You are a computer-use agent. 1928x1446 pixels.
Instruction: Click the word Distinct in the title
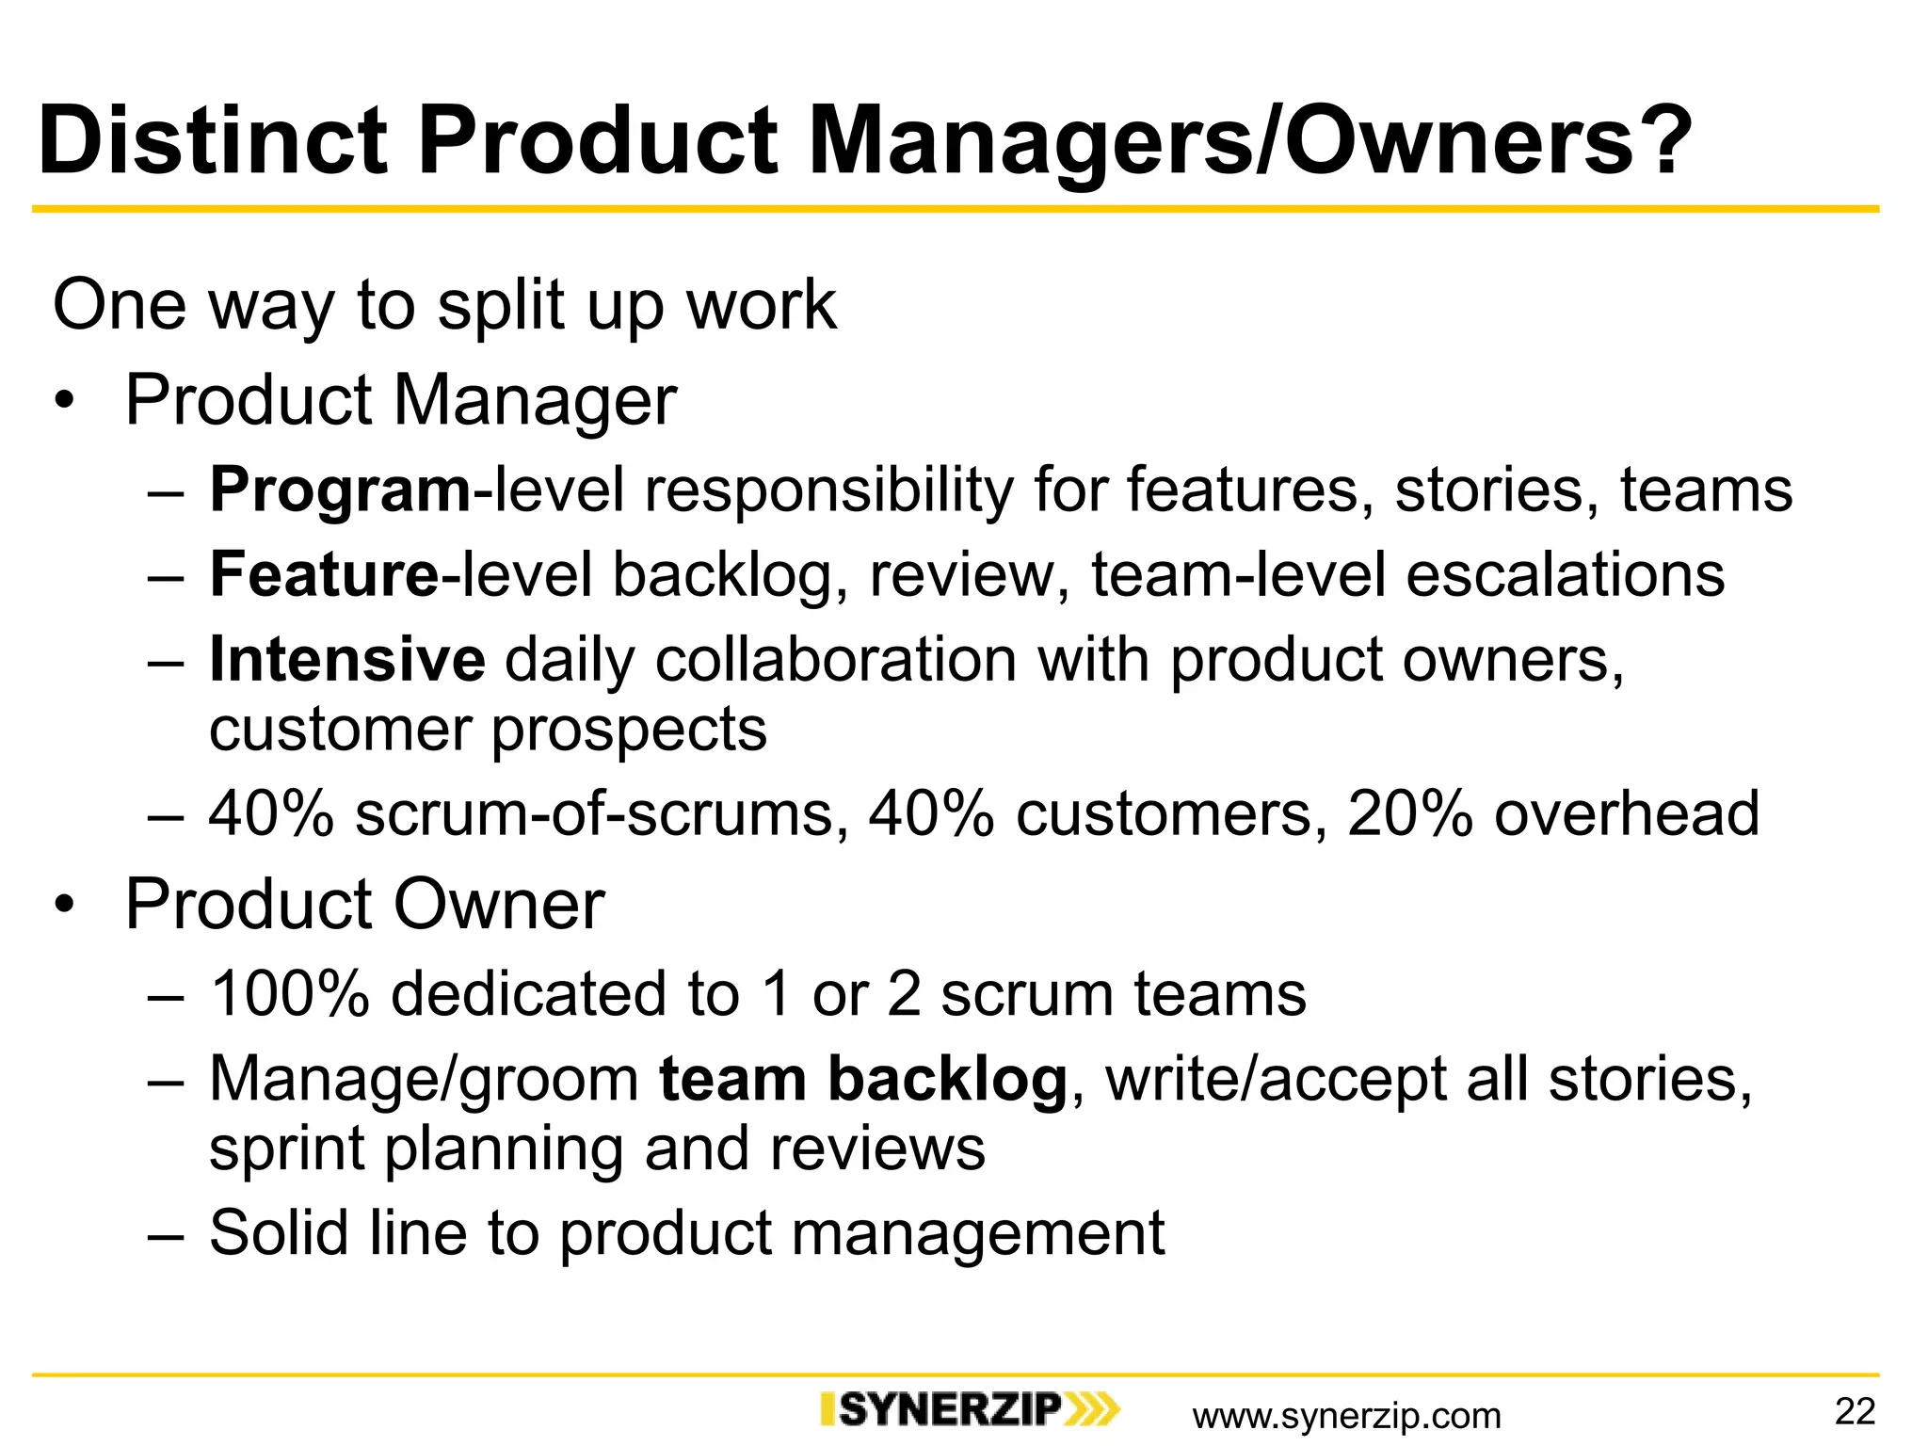click(213, 141)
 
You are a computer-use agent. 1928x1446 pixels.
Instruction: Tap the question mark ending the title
click(1666, 141)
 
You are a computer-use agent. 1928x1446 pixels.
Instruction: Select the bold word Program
click(340, 491)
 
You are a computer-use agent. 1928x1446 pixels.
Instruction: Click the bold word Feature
click(324, 575)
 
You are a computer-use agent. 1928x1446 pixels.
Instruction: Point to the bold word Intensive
click(347, 660)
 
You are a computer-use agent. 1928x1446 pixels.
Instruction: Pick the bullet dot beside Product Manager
click(64, 403)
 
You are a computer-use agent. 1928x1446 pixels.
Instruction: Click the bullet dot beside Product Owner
click(64, 907)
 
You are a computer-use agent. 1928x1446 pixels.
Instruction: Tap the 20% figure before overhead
click(1409, 813)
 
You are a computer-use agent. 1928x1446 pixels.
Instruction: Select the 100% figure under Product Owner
click(289, 994)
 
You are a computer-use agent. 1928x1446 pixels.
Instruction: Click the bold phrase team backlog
click(862, 1079)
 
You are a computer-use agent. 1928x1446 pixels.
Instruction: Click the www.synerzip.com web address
click(1346, 1416)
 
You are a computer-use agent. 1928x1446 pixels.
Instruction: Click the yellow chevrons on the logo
click(1092, 1409)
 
